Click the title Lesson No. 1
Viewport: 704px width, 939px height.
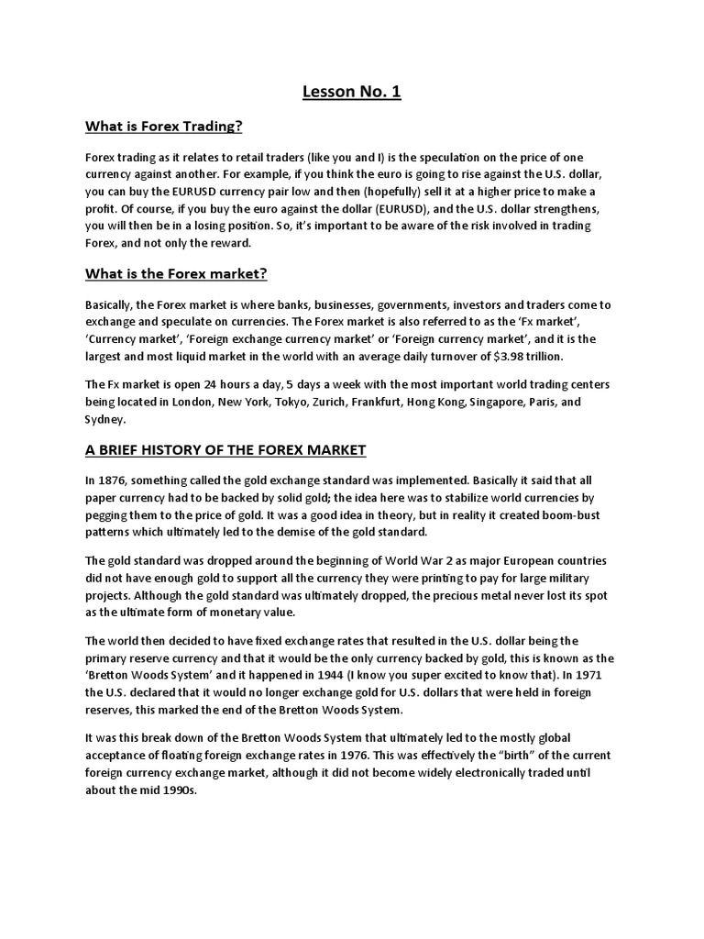coord(352,92)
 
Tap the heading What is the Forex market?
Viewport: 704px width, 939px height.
coord(176,273)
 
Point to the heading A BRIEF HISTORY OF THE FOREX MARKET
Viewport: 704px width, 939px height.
coord(225,449)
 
